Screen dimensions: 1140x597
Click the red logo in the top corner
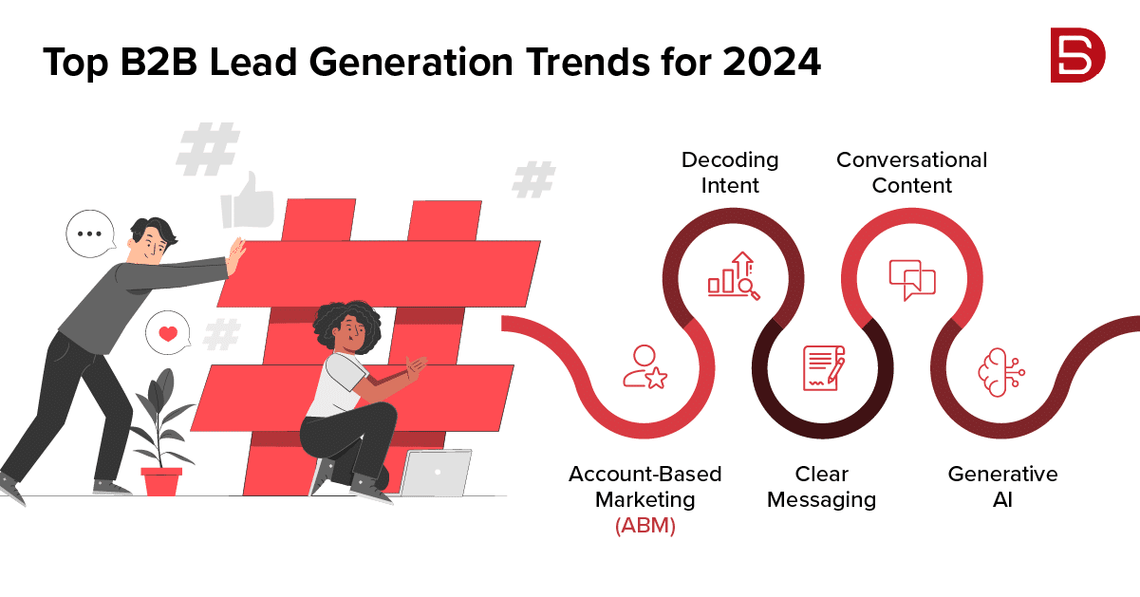coord(1078,55)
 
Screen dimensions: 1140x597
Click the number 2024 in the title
coord(771,62)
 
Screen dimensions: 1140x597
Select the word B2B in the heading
coord(159,62)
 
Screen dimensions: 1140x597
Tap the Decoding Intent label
coord(730,173)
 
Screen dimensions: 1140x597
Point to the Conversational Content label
coord(911,173)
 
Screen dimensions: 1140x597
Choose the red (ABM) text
coord(645,525)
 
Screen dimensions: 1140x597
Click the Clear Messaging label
coord(821,487)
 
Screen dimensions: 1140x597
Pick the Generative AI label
coord(1002,487)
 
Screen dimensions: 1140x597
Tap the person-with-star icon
coord(645,367)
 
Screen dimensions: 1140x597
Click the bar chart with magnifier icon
coord(734,276)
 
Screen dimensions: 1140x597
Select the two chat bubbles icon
coord(912,280)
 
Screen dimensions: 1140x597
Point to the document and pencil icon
coord(824,368)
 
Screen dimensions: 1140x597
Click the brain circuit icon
coord(1001,372)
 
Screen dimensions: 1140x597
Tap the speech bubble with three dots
coord(90,233)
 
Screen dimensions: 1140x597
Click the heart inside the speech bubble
coord(168,333)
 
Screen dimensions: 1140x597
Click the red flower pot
coord(161,481)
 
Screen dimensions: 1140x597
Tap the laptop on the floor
coord(436,473)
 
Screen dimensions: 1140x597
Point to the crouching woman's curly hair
coord(347,324)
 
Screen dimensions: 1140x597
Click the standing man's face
coord(152,245)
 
